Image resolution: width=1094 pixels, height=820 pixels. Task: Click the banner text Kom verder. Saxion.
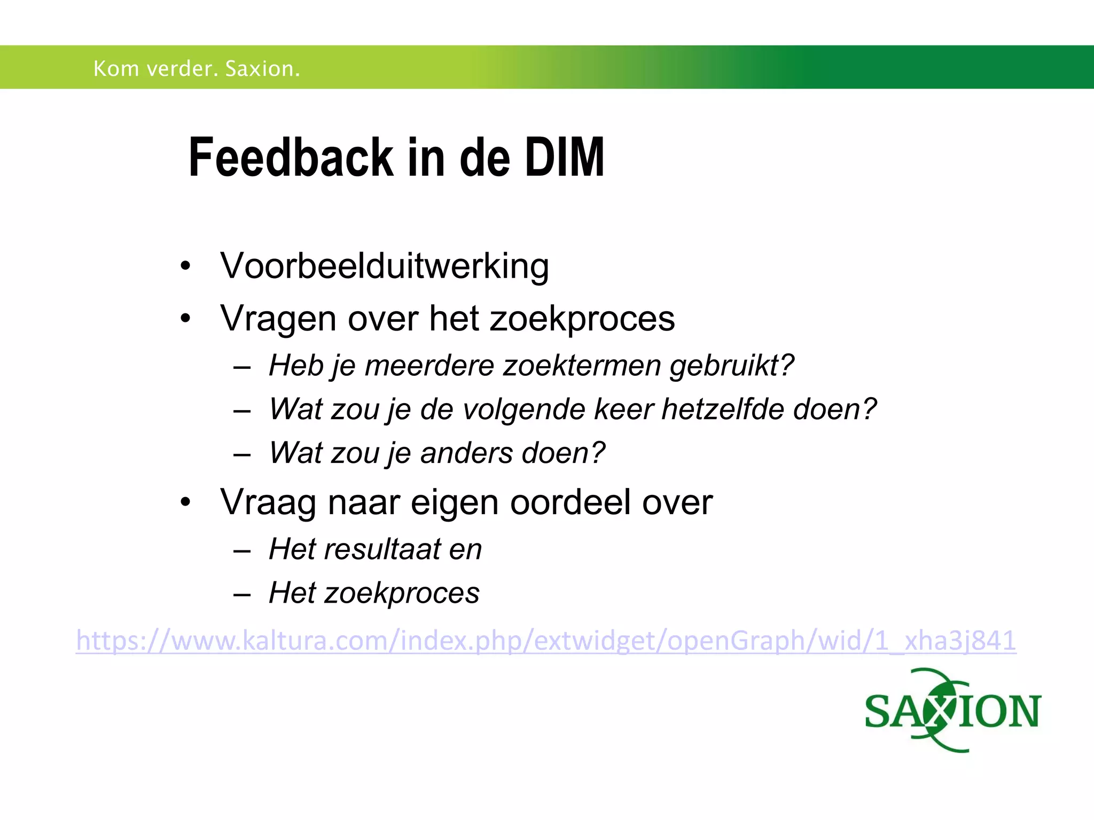click(197, 69)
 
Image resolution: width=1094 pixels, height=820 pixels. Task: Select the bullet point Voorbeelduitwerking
click(384, 266)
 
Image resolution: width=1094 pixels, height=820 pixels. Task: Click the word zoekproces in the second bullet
click(582, 319)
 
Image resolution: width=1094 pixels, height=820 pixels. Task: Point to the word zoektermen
click(582, 366)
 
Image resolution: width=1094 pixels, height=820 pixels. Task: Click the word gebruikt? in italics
click(732, 366)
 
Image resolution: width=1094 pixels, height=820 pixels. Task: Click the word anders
click(466, 453)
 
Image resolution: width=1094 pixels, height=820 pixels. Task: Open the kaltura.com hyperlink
click(546, 640)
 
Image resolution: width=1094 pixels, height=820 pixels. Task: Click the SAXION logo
click(952, 711)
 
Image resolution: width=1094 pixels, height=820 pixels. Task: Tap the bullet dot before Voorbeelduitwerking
click(185, 266)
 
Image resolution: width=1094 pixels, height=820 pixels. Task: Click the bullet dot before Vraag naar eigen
click(185, 502)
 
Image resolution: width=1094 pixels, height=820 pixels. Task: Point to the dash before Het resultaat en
click(242, 550)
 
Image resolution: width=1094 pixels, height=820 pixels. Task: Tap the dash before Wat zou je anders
click(242, 454)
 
